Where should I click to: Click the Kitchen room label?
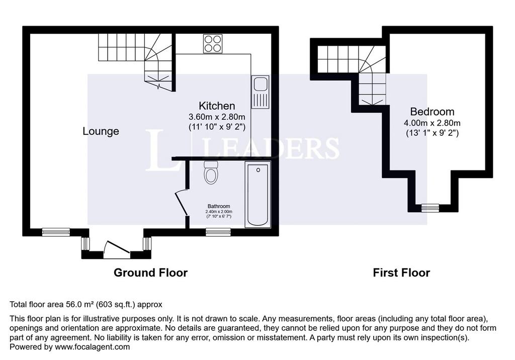(217, 106)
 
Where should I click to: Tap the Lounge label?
(101, 131)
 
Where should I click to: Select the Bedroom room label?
(432, 112)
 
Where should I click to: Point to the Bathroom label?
(219, 206)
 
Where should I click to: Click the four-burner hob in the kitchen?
(213, 44)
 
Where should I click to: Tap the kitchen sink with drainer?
(261, 93)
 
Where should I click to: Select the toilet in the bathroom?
(210, 173)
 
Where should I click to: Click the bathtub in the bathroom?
(258, 195)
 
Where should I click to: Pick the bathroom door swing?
(181, 202)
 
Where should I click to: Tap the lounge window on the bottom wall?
(56, 232)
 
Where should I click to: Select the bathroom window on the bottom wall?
(218, 232)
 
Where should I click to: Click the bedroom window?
(431, 208)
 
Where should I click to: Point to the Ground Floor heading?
(150, 273)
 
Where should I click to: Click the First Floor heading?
(401, 273)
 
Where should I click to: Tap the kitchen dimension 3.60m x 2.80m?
(217, 117)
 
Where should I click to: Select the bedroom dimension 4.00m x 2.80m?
(432, 123)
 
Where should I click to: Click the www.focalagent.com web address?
(93, 347)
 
